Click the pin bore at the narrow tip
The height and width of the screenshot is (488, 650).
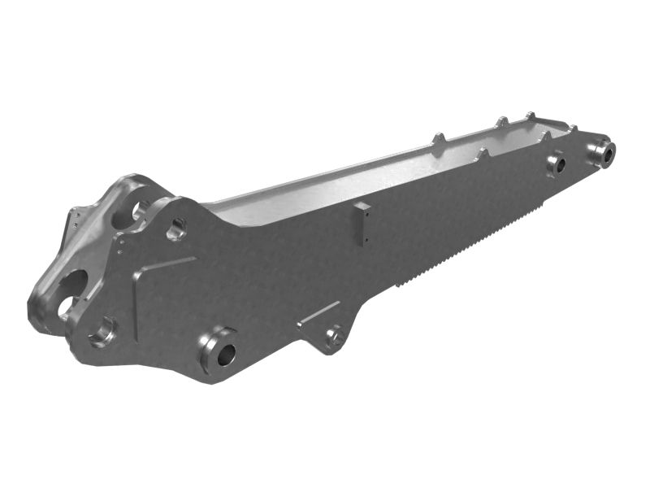click(x=604, y=151)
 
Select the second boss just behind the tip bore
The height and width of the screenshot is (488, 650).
click(x=557, y=163)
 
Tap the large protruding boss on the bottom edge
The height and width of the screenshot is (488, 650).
click(x=222, y=352)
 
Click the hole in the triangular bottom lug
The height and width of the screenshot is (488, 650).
click(x=334, y=335)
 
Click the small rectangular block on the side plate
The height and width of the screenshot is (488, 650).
click(x=362, y=224)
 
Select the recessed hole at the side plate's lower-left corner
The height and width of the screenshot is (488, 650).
click(x=104, y=332)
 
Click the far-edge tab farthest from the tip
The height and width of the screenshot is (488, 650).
click(x=439, y=142)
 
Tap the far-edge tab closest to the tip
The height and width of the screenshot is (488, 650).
click(x=530, y=117)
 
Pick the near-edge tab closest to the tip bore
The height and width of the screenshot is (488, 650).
click(x=572, y=130)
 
